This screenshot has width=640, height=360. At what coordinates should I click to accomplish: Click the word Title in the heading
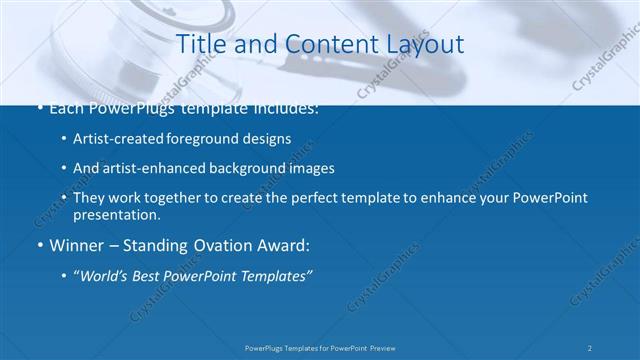pos(198,44)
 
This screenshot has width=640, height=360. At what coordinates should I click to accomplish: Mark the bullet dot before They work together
pos(64,198)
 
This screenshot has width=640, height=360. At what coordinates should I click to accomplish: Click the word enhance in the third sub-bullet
pos(452,198)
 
